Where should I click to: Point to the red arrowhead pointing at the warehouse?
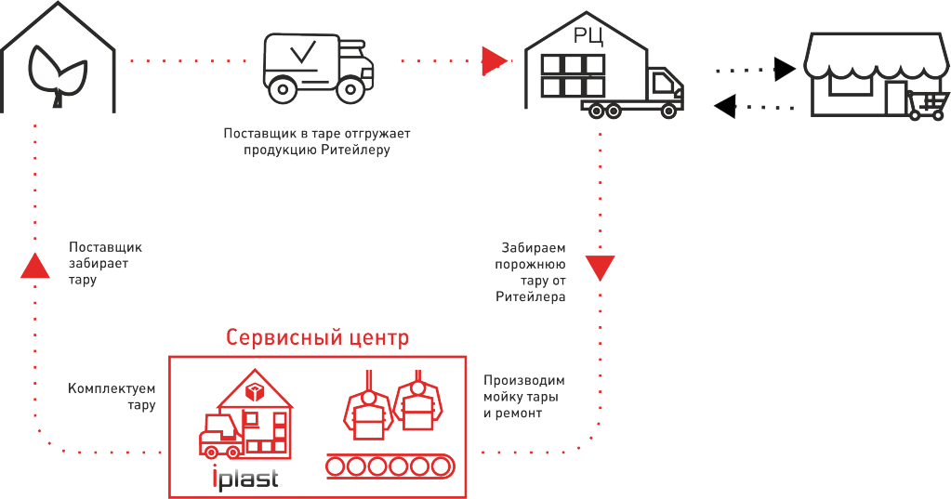(495, 61)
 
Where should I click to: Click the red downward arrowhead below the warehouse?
(600, 268)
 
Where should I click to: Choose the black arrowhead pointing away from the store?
(726, 105)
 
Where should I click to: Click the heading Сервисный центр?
(317, 336)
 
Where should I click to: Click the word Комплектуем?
(112, 388)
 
